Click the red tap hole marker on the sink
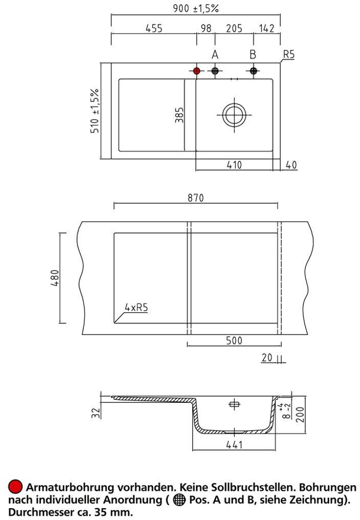(196, 71)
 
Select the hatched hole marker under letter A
(215, 71)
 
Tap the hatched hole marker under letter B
(254, 71)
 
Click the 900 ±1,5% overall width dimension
(196, 8)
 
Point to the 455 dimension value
(154, 29)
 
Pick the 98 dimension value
(206, 29)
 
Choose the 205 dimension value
(234, 29)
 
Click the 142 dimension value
(267, 29)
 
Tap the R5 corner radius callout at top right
(289, 54)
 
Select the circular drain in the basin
(234, 115)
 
